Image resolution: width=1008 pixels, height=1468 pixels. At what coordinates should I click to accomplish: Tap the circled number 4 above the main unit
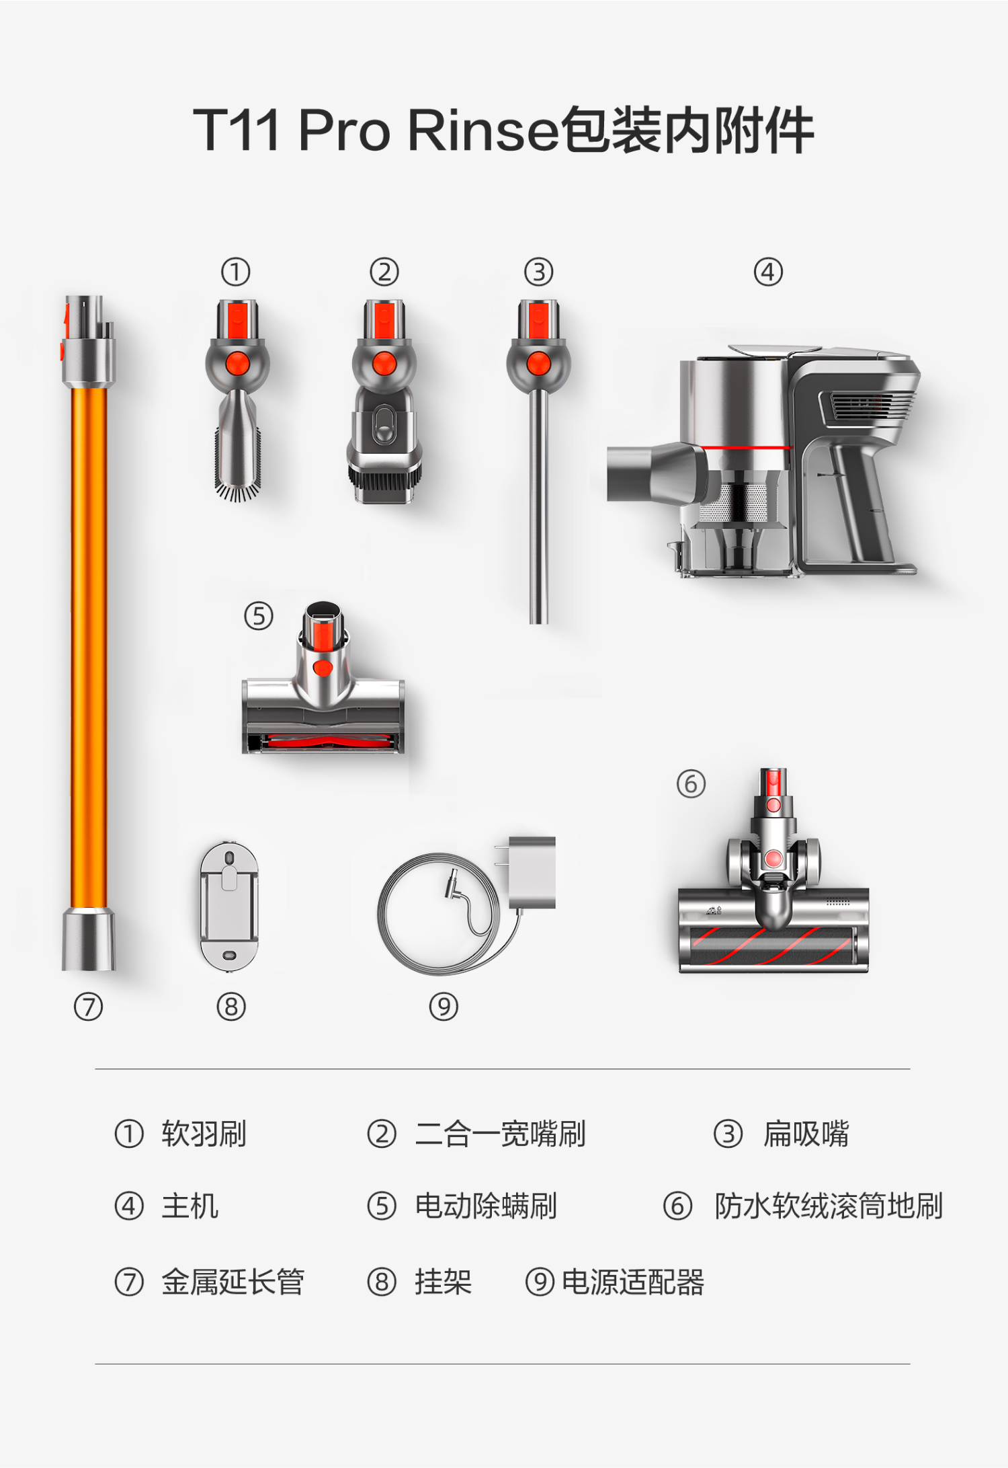pos(768,272)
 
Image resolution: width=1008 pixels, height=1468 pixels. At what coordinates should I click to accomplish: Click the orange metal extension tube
pos(88,632)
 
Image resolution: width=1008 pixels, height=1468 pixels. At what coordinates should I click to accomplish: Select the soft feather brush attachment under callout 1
pos(237,401)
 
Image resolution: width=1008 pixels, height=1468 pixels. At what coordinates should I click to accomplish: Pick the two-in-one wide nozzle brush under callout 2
pos(384,401)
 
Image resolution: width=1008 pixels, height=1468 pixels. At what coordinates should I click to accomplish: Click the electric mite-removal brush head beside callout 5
pos(323,679)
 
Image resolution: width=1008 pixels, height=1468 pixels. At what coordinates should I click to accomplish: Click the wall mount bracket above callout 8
pos(229,906)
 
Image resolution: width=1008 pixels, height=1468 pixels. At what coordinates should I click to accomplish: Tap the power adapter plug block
pos(532,872)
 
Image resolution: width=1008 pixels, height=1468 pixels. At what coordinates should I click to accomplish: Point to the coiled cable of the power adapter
pos(440,914)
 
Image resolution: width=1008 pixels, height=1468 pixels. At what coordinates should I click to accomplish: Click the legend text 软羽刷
pos(204,1134)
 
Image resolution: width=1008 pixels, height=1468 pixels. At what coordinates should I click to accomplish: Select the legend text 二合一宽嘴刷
pos(501,1134)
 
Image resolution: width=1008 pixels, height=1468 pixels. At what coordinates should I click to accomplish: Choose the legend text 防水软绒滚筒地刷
pos(829,1206)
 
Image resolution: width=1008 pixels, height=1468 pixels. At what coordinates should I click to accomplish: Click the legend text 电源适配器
pos(633,1282)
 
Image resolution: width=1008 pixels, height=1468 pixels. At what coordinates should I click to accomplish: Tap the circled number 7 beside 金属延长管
pos(129,1282)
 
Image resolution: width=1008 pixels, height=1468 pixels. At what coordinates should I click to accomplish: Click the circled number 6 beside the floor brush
pos(691,784)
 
